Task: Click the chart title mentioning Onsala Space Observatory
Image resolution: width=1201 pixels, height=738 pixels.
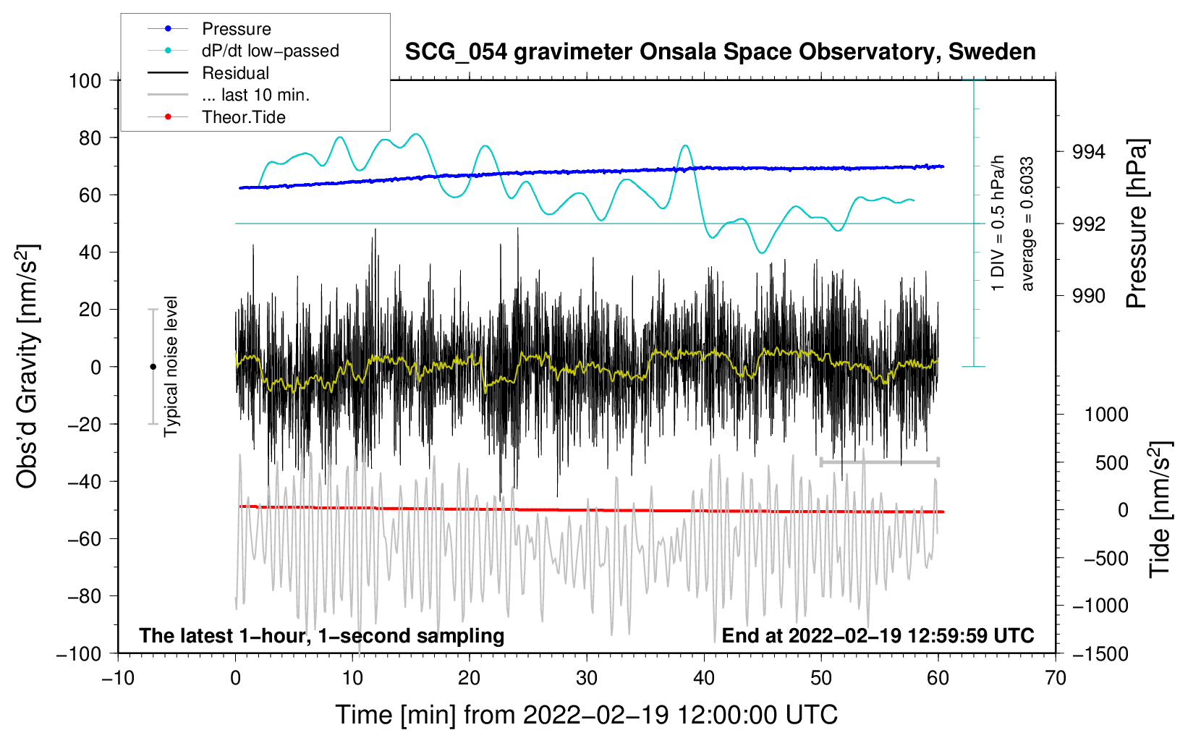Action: (720, 52)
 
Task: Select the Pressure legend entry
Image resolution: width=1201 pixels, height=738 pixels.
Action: (236, 29)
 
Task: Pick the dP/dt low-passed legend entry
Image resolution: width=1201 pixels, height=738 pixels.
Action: (270, 51)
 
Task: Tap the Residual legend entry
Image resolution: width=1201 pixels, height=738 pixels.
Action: (235, 73)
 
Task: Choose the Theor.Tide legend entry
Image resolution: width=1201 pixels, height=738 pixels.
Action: (243, 117)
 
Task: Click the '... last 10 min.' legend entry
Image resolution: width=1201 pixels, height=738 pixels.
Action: (255, 95)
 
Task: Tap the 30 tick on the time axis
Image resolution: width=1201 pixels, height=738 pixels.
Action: (587, 678)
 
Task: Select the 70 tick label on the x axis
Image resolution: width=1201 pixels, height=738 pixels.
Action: (1056, 678)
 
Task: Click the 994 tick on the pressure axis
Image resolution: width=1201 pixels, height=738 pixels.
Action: (1088, 152)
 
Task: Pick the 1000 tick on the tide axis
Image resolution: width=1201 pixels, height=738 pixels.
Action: (1106, 415)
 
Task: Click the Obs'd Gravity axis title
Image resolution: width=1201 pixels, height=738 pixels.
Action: (27, 366)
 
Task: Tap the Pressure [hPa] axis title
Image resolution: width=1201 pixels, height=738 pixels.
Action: (1137, 224)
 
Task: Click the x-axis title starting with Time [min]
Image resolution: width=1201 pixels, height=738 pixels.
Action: (587, 715)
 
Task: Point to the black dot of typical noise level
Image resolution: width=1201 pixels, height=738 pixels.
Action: (153, 367)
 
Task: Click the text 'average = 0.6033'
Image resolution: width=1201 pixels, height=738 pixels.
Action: (1027, 224)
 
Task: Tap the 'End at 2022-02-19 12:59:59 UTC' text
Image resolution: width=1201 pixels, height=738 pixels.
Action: (878, 635)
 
